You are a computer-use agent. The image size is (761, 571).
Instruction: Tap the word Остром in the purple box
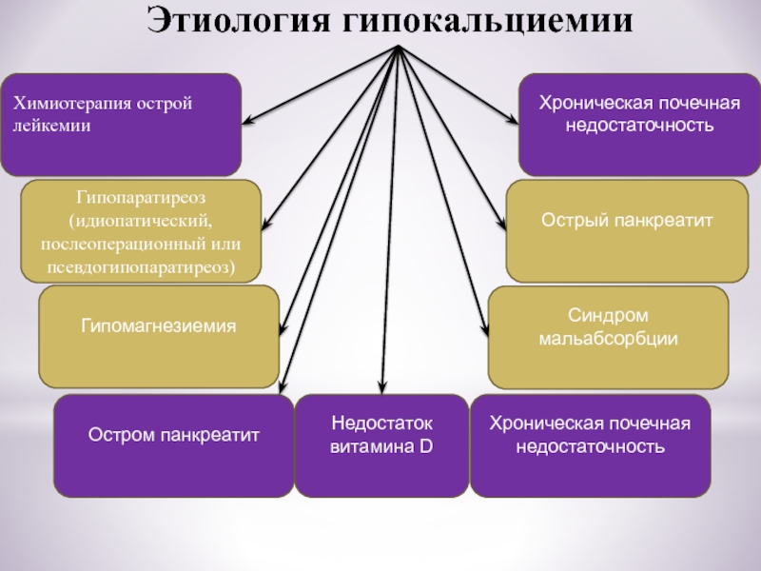click(118, 435)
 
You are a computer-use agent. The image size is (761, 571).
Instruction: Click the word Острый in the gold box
click(575, 220)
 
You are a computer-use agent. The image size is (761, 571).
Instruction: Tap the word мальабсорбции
click(608, 338)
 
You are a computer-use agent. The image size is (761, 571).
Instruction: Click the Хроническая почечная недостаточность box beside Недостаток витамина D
click(590, 445)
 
